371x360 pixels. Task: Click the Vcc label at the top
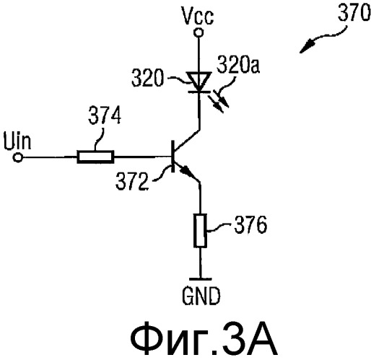coord(198,16)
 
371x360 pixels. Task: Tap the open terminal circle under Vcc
coord(198,32)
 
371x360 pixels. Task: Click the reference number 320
coord(147,79)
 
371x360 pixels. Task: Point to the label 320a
coord(238,64)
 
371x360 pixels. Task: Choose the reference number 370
coord(354,12)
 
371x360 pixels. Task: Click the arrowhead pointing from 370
coord(307,47)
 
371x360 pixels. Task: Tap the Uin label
coord(17,141)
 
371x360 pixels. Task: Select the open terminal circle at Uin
coord(17,158)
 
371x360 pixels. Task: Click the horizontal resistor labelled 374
coord(95,157)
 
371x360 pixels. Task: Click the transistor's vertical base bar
coord(173,157)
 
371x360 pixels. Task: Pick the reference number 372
coord(131,182)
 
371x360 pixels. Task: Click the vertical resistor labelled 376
coord(200,230)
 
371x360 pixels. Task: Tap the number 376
coord(250,225)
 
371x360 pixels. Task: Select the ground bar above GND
coord(201,279)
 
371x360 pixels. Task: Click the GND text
coord(201,296)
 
